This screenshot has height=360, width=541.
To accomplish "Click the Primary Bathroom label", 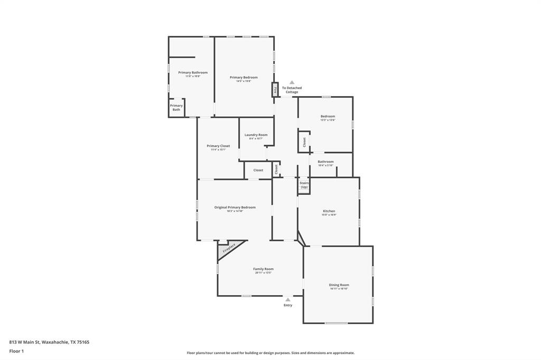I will coord(193,72).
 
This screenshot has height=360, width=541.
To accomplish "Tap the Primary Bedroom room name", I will coord(244,77).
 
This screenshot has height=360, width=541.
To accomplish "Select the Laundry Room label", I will coord(256,135).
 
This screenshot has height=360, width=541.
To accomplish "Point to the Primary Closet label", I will coord(218,146).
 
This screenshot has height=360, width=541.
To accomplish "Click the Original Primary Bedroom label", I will coord(235,207).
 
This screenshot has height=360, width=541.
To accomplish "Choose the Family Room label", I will coord(263,269).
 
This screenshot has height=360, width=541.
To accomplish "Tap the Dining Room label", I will coord(339,285).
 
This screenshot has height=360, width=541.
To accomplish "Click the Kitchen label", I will coord(329,211).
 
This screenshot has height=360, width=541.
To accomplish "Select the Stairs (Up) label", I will coord(304,185).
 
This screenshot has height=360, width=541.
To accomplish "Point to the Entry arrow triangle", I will coord(288,300).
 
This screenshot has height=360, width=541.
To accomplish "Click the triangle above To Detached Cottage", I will coord(292,82).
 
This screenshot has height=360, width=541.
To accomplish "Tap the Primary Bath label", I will coord(176,107).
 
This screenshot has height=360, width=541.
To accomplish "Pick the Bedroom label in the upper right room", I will coord(328,116).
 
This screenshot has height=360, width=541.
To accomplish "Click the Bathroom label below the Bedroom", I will coord(325,162).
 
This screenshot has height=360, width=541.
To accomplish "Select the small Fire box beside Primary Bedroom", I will coord(275,90).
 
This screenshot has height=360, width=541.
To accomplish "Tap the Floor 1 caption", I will coord(16,351).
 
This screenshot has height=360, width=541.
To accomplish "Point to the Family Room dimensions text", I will coord(263,273).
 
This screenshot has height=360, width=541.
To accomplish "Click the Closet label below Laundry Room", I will coord(258,170).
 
